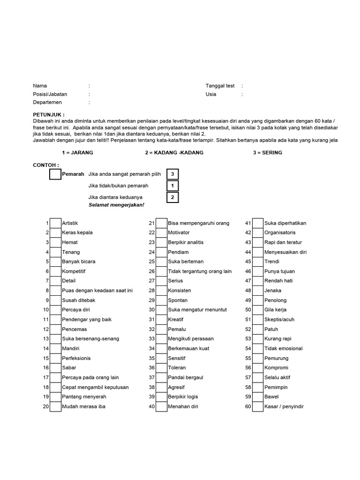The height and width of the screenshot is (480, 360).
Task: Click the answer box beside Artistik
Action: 56,223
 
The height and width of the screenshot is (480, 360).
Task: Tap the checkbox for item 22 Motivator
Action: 161,232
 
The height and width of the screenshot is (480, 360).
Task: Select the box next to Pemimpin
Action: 258,387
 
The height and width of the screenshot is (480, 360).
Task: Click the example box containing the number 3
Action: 172,174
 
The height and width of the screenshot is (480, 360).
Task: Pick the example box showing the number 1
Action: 172,186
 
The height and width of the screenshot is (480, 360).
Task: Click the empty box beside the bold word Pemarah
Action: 55,174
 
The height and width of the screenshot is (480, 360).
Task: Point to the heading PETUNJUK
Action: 49,114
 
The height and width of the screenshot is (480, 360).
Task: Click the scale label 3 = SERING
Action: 267,153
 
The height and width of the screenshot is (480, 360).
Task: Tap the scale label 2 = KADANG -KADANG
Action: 174,153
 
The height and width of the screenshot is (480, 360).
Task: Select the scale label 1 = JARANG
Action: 77,153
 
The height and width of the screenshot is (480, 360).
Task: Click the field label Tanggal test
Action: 220,86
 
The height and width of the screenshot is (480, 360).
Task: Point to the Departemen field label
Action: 47,102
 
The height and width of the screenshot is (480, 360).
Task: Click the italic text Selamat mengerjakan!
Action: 117,205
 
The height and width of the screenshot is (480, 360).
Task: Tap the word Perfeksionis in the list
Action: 76,358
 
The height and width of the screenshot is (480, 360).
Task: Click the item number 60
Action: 248,406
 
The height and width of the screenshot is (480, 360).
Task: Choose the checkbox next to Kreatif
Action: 161,320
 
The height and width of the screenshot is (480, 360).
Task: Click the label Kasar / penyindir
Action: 284,406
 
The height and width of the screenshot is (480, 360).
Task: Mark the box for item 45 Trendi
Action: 258,262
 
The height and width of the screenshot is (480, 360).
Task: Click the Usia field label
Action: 211,94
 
